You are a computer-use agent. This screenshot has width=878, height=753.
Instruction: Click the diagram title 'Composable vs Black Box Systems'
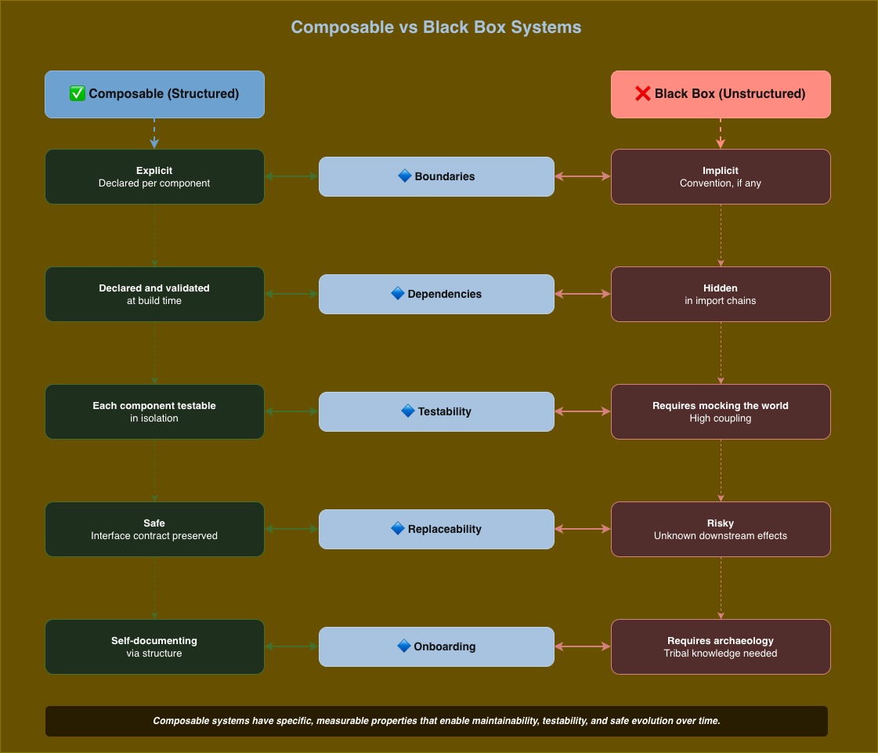436,27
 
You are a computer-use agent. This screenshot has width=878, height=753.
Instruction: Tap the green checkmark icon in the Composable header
78,94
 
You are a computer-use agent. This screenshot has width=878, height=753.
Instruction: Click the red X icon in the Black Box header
642,94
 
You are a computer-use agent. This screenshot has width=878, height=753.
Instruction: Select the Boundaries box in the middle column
436,176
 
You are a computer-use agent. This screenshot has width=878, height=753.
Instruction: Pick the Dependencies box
436,294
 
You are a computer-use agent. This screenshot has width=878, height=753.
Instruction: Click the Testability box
436,411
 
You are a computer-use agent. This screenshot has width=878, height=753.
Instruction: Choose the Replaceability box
436,529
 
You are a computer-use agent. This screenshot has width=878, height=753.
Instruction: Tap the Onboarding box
436,646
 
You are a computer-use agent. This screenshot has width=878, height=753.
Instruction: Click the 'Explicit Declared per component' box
154,176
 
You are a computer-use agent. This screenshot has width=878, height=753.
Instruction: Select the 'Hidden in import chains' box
721,294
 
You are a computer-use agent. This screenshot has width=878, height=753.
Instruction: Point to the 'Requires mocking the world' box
721,411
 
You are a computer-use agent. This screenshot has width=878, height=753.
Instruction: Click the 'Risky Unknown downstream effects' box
721,529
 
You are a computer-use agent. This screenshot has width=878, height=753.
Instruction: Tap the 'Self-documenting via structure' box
154,646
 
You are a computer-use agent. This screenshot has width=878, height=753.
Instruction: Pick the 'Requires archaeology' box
721,646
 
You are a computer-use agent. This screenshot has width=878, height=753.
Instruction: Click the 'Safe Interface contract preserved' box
154,529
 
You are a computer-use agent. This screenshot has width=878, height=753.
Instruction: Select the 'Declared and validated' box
154,294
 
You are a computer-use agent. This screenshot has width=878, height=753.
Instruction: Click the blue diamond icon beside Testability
407,411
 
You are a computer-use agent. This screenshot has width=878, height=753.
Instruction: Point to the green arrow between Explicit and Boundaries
291,176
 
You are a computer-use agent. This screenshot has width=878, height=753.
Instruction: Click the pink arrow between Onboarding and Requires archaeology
583,646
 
